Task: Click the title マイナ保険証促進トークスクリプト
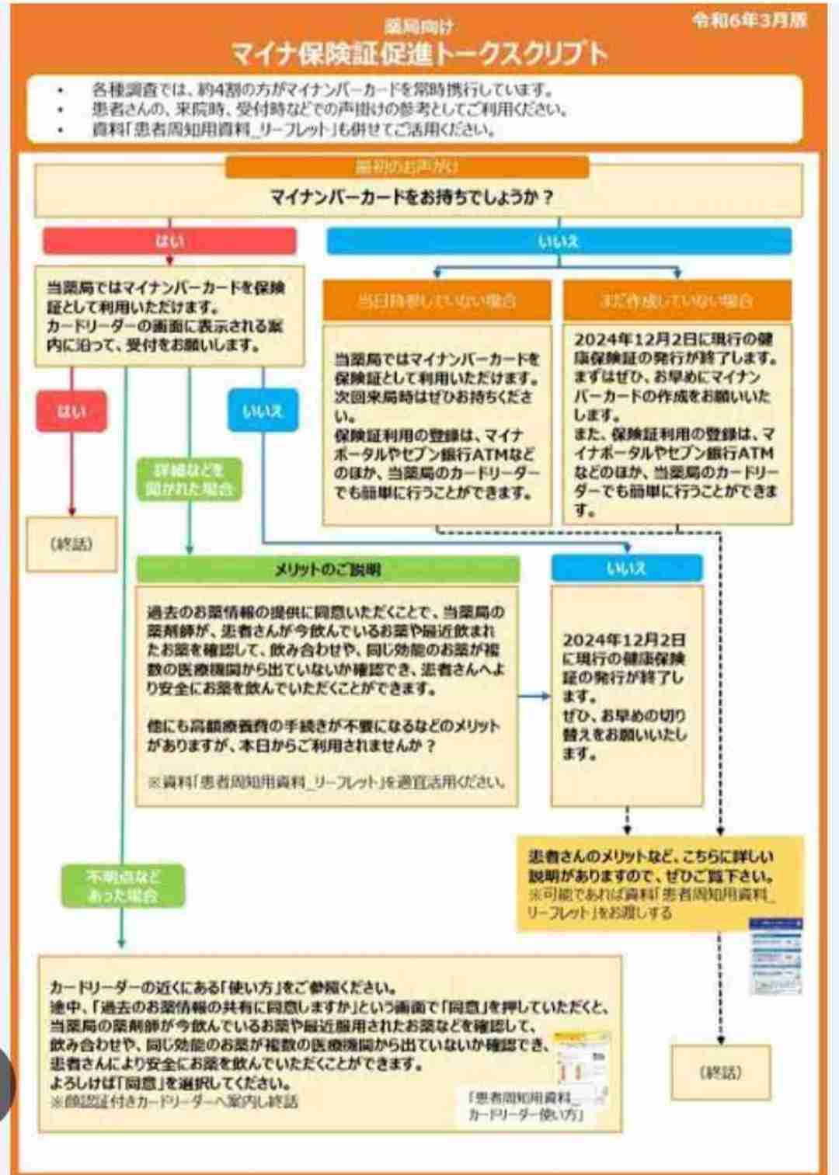click(x=418, y=54)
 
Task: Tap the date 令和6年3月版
click(x=750, y=21)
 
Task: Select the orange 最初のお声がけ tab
click(x=406, y=167)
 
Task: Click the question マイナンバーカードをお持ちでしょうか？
click(x=412, y=197)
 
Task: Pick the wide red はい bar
click(x=169, y=241)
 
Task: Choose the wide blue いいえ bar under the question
click(x=559, y=242)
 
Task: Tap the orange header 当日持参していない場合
click(x=437, y=301)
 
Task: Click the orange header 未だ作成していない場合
click(x=677, y=301)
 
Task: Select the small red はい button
click(x=71, y=411)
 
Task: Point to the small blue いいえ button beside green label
click(x=263, y=411)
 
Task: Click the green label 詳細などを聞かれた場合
click(x=189, y=479)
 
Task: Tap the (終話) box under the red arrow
click(x=71, y=544)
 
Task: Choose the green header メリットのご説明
click(x=328, y=569)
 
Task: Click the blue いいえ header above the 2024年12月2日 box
click(x=626, y=568)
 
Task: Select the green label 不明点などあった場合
click(x=123, y=886)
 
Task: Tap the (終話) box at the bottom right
click(x=721, y=1072)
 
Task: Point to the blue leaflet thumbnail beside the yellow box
click(x=775, y=956)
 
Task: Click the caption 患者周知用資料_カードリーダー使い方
click(x=525, y=1106)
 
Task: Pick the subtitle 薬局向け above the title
click(x=418, y=28)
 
